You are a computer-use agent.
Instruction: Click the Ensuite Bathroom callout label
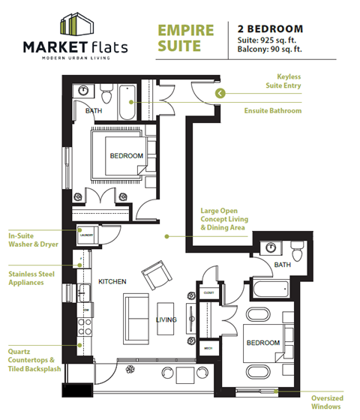[273, 111]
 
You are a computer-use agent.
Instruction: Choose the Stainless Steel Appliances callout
[31, 278]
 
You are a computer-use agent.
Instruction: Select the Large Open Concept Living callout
[223, 219]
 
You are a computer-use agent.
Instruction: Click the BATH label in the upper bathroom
[94, 111]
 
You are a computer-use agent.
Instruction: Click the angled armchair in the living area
[157, 275]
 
